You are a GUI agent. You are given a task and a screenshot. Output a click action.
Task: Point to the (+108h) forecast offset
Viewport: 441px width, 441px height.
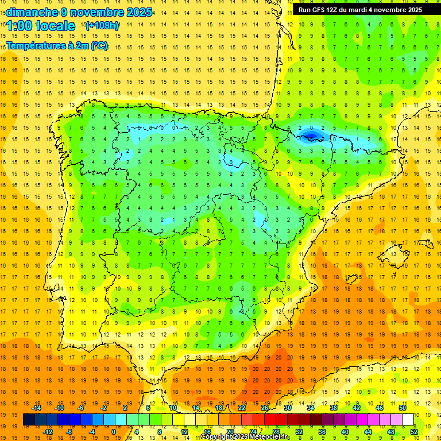(102, 26)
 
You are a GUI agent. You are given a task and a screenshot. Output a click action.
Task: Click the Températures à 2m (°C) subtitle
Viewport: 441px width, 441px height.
(56, 46)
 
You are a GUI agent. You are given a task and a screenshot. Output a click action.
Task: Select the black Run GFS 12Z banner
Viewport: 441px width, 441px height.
(361, 10)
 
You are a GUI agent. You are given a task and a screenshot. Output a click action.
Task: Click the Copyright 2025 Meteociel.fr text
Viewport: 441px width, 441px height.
(245, 437)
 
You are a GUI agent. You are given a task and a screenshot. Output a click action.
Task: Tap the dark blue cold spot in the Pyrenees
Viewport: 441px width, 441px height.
(311, 136)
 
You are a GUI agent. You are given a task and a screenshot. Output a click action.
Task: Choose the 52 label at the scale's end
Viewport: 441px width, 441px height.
(414, 432)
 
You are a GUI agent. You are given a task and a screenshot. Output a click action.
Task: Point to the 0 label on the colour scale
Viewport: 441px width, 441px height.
(113, 432)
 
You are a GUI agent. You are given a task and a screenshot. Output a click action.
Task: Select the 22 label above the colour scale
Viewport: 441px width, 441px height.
(242, 408)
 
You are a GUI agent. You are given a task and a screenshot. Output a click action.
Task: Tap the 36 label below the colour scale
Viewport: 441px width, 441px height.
(322, 432)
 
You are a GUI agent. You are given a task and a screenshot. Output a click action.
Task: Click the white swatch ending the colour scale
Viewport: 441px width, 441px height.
(408, 420)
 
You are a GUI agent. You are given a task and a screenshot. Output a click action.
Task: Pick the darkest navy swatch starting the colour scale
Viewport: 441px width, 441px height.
(29, 420)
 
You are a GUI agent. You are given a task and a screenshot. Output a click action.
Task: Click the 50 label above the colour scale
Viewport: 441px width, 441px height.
(403, 408)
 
